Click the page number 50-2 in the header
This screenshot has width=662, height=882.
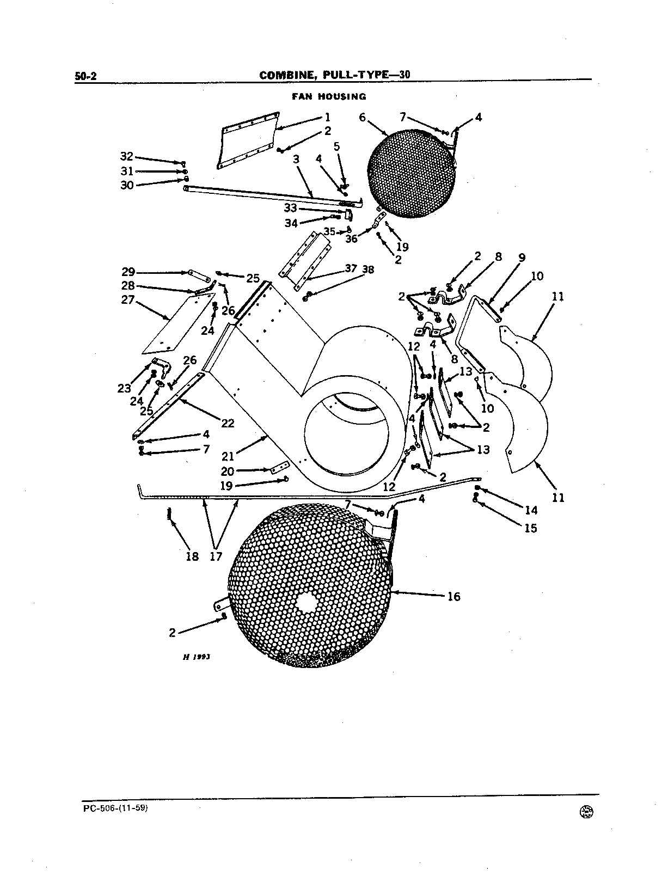(85, 76)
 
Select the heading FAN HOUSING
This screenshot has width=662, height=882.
(329, 96)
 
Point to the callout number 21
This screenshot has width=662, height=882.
(228, 456)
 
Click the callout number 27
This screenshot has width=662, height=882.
(128, 300)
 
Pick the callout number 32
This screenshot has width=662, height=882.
(126, 156)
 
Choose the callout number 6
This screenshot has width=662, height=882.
(363, 118)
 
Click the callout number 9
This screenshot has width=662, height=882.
(522, 258)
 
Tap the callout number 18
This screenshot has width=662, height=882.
(192, 556)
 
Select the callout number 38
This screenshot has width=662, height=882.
(368, 269)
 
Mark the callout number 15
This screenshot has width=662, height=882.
(531, 528)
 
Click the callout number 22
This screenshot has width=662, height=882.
(228, 423)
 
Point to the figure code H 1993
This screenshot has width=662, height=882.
(197, 657)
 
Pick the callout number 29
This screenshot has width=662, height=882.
(128, 272)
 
